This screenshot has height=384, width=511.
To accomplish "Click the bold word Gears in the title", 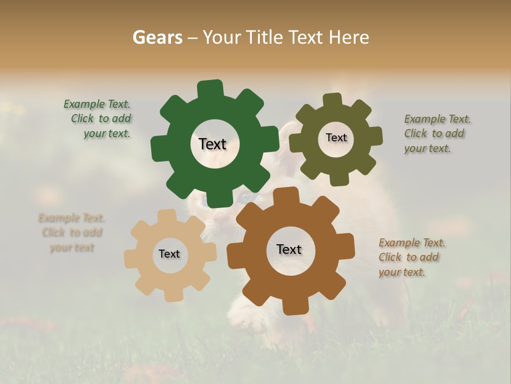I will pos(157,37).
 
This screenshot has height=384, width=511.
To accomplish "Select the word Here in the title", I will pos(349,37).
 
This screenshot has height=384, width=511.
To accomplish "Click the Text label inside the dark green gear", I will pos(212,144).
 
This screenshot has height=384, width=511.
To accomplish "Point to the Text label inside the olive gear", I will pos(336,138).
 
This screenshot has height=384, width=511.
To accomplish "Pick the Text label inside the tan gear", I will pos(169,254).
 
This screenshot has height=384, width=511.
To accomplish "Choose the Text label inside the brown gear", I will pos(289,249).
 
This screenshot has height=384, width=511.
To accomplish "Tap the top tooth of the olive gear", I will pos(333,101).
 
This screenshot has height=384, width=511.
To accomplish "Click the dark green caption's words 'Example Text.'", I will pos(97,104).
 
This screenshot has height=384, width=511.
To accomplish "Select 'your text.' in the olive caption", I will pos(427,149).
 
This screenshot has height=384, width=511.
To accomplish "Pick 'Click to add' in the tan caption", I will pos(72,233).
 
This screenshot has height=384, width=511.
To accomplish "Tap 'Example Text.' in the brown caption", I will pos(412,243).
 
